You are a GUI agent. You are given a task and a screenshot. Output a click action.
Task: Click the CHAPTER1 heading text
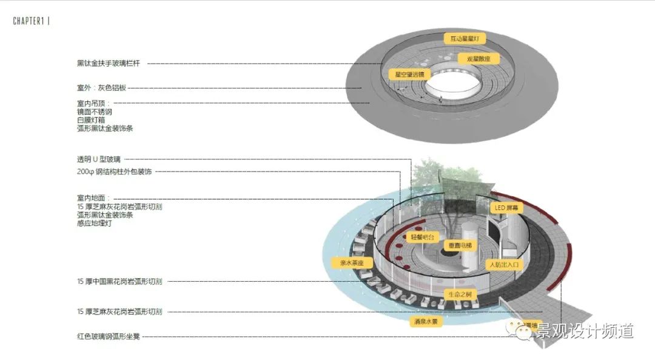[x=30, y=21]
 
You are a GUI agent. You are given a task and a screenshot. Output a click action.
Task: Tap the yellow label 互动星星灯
[x=465, y=39]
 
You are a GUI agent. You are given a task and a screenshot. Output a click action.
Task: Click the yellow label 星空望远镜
[x=409, y=75]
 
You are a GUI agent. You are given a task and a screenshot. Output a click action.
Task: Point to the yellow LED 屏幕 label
[x=503, y=208]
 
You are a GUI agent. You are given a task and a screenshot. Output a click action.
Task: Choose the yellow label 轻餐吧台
[x=423, y=238]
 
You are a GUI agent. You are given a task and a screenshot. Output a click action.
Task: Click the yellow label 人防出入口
[x=504, y=265]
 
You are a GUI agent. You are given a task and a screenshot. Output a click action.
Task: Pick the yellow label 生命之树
[x=460, y=295]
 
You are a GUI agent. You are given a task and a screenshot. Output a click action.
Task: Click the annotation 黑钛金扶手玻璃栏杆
[x=109, y=63]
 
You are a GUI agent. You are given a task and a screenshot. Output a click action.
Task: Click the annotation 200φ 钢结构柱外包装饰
[x=110, y=172]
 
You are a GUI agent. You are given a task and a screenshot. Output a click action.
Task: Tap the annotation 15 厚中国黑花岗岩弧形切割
[x=119, y=281]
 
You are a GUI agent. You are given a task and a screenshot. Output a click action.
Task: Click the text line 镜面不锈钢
[x=95, y=112]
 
